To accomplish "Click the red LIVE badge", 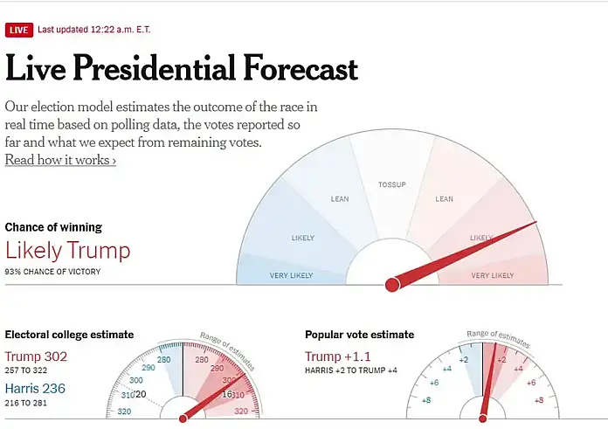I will [x=18, y=31].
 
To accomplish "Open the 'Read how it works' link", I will [x=60, y=160].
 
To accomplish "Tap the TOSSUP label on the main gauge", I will [x=392, y=185].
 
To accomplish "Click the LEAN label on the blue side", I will [x=340, y=199].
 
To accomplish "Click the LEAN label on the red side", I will [x=445, y=199].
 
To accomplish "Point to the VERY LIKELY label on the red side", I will [x=493, y=275].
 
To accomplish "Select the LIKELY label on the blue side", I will [x=302, y=238].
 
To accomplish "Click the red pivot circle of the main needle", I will [x=392, y=284].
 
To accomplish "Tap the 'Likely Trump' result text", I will [x=67, y=251].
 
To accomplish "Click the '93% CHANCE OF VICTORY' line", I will [x=52, y=272].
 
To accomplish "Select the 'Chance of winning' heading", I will [x=53, y=227].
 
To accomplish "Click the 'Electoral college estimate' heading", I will [x=69, y=335].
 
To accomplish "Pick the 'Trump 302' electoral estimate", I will [x=37, y=356].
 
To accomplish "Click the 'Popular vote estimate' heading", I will [x=359, y=335].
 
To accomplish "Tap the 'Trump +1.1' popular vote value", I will [x=338, y=356].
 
